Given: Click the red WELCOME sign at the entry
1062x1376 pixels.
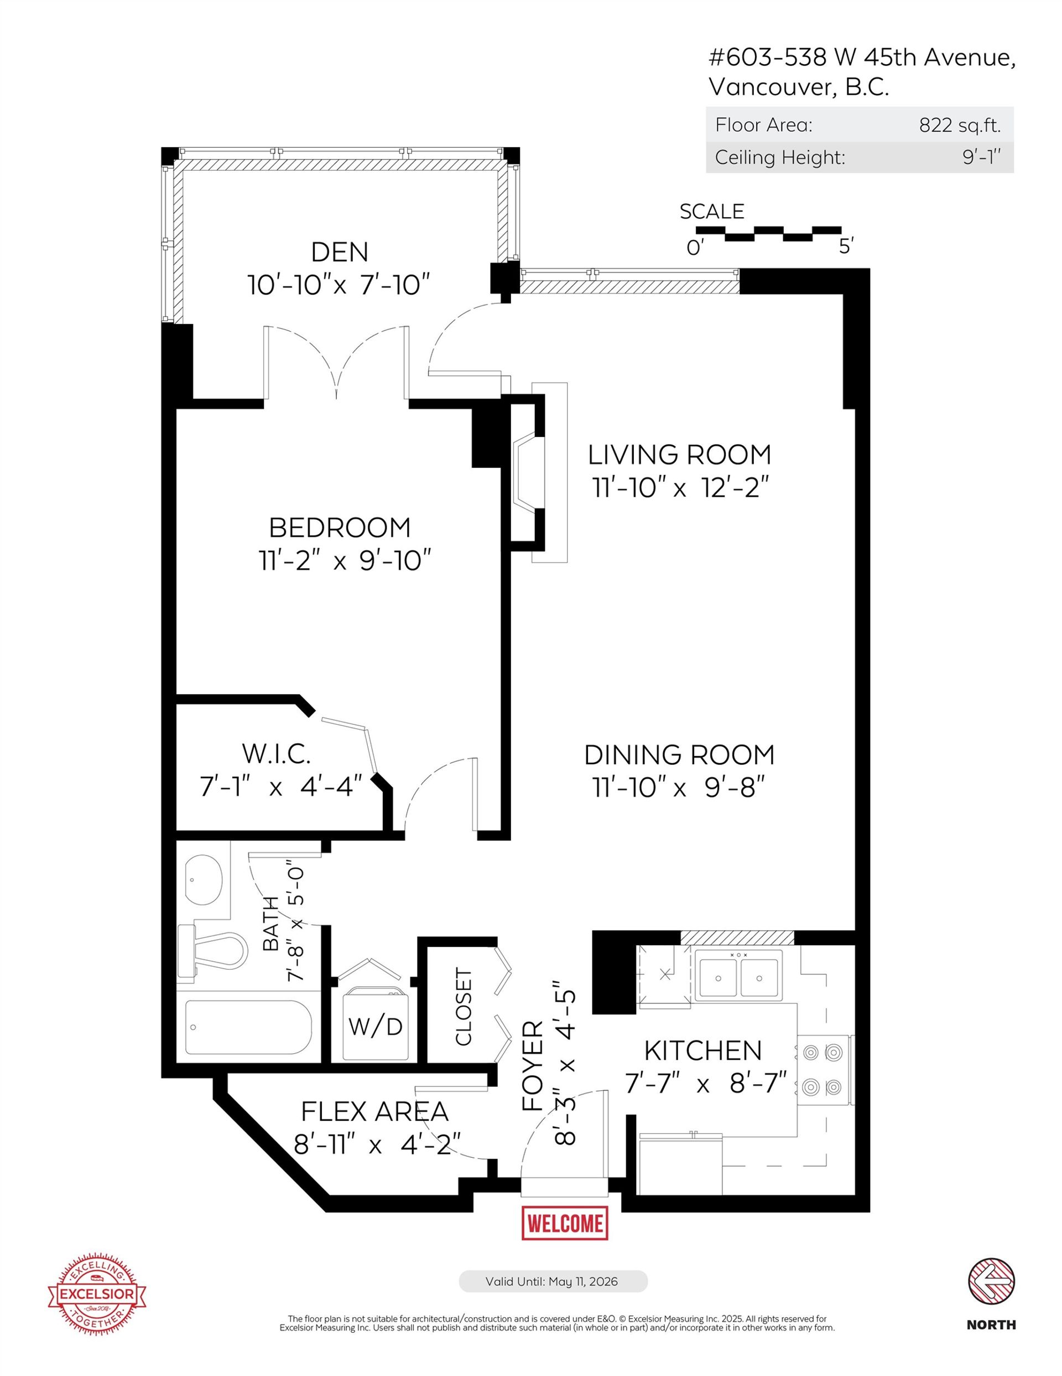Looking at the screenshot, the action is pos(565,1223).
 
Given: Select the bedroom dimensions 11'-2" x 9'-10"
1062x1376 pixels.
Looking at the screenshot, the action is pos(345,560).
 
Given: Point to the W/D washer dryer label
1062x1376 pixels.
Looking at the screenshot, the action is pos(375,1027).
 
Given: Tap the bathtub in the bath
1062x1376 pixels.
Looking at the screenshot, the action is pos(249,1028).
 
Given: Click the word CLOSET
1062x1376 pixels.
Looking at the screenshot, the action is pos(463,1007).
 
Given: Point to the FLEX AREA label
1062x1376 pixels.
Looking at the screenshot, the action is pos(374,1112).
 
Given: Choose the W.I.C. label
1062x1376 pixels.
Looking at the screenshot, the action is pos(277,754).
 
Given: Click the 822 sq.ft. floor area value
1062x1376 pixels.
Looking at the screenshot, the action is pos(959,125).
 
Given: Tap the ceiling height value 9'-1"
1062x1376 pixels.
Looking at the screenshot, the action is pos(981,157).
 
